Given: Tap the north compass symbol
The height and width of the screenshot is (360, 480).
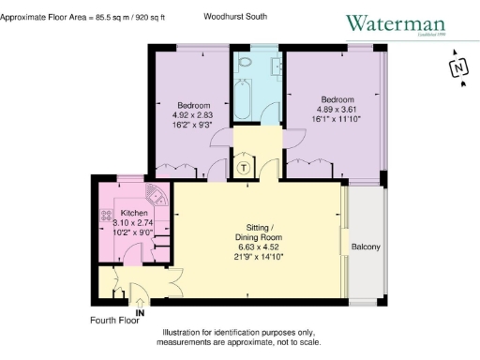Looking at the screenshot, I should (x=458, y=68).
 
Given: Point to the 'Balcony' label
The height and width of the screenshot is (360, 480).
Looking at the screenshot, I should (x=366, y=247).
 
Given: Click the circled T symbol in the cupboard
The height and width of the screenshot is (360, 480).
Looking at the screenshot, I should (x=244, y=170).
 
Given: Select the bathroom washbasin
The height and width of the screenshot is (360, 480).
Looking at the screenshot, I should (x=277, y=65).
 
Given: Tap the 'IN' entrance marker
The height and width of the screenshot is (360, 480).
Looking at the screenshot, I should (x=140, y=311).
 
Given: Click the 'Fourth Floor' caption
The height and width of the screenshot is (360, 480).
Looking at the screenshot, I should (x=114, y=321).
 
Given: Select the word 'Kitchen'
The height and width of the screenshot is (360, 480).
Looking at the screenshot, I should (x=127, y=214).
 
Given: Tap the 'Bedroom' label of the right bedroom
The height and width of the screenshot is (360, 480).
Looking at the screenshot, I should (x=337, y=99).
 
